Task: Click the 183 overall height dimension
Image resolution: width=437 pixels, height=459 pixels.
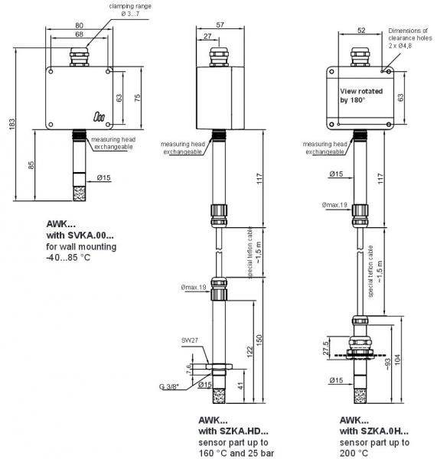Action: coord(11,124)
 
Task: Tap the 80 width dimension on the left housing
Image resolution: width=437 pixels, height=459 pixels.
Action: coord(79,25)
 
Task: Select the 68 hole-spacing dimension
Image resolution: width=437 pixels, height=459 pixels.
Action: coord(79,34)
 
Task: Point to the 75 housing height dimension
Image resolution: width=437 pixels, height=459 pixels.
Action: coord(137,98)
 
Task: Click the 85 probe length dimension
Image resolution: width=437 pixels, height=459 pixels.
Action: coord(31,165)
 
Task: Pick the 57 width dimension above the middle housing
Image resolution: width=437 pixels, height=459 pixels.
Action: coord(220,25)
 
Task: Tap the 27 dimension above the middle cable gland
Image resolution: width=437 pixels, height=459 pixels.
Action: coord(207,36)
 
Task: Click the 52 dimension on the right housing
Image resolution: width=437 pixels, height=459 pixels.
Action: coord(361,30)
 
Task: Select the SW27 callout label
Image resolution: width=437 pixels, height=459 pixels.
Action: coord(190,340)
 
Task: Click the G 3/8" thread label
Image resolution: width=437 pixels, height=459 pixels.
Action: coord(169,386)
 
